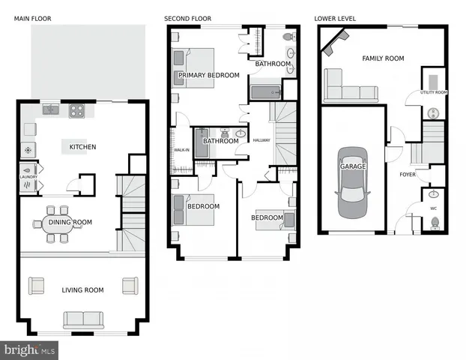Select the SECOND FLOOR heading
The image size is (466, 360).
click(188, 18)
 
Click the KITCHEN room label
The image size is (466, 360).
click(82, 147)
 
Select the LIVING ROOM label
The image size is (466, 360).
click(82, 289)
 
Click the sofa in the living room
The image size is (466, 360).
click(84, 319)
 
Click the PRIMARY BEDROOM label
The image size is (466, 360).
click(209, 75)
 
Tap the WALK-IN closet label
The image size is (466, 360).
click(181, 150)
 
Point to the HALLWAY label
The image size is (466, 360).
click(261, 140)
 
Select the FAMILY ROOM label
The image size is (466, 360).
click(383, 58)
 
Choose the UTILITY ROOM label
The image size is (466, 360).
click(433, 92)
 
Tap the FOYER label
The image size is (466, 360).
click(407, 174)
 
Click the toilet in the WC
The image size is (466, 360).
click(435, 223)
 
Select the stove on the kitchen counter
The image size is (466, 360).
click(77, 110)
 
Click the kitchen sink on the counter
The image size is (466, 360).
click(51, 109)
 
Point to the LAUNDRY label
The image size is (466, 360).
click(28, 177)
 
